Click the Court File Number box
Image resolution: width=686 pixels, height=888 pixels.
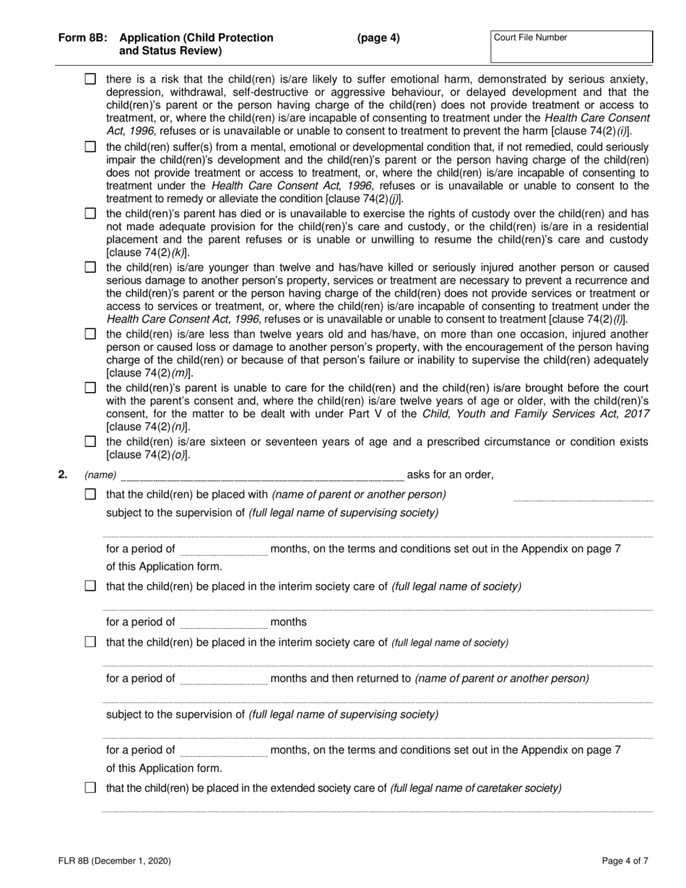571,47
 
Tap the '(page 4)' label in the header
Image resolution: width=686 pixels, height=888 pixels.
378,38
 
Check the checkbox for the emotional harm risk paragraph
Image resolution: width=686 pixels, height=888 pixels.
90,79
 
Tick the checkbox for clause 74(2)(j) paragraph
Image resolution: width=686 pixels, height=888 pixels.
90,147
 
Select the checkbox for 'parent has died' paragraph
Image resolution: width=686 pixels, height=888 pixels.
90,214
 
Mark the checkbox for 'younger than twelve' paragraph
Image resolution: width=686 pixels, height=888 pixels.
90,268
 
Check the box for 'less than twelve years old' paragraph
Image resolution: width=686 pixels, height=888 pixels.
90,334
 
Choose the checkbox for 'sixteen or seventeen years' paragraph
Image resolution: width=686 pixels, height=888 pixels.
90,441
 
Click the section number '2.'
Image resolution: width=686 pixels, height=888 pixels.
63,474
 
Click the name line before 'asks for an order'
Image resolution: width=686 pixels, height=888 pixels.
261,476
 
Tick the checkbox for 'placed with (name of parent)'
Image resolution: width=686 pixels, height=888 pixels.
90,495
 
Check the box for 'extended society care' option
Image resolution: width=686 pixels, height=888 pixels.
90,788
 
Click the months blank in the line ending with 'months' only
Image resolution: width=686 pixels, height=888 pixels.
222,622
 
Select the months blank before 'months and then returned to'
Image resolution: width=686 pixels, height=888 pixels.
222,679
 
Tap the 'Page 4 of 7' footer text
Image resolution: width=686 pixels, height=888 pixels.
625,861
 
